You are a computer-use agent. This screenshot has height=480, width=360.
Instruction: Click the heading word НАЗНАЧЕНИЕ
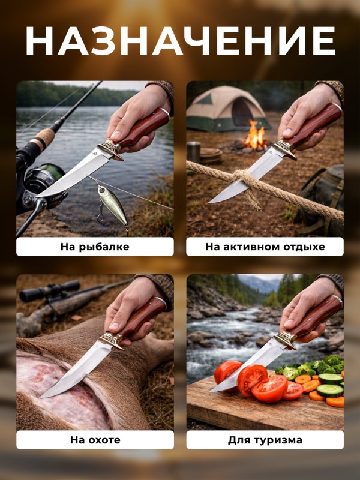180,41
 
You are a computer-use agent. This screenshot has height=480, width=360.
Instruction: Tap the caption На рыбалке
95,247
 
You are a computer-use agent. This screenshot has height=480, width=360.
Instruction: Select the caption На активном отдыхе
265,247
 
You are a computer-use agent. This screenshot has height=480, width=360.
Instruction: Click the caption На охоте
95,440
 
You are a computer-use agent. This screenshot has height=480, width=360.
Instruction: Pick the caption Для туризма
265,440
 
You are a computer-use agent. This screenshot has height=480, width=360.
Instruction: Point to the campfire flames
254,134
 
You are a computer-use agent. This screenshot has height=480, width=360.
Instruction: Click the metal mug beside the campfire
193,152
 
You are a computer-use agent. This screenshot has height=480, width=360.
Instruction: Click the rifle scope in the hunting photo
49,290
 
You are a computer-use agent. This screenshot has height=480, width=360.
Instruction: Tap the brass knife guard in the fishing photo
111,149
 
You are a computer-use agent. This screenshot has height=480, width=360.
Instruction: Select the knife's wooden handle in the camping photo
314,125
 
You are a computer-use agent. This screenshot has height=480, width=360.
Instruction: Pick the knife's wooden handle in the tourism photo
316,317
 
